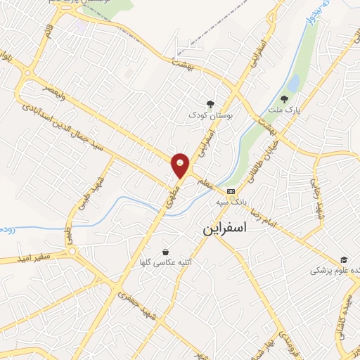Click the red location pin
pyautogui.click(x=181, y=165)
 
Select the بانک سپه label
pyautogui.click(x=231, y=202)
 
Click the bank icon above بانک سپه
pyautogui.click(x=231, y=191)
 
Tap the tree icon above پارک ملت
pyautogui.click(x=284, y=99)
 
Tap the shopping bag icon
pyautogui.click(x=165, y=252)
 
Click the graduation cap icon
pyautogui.click(x=344, y=260)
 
